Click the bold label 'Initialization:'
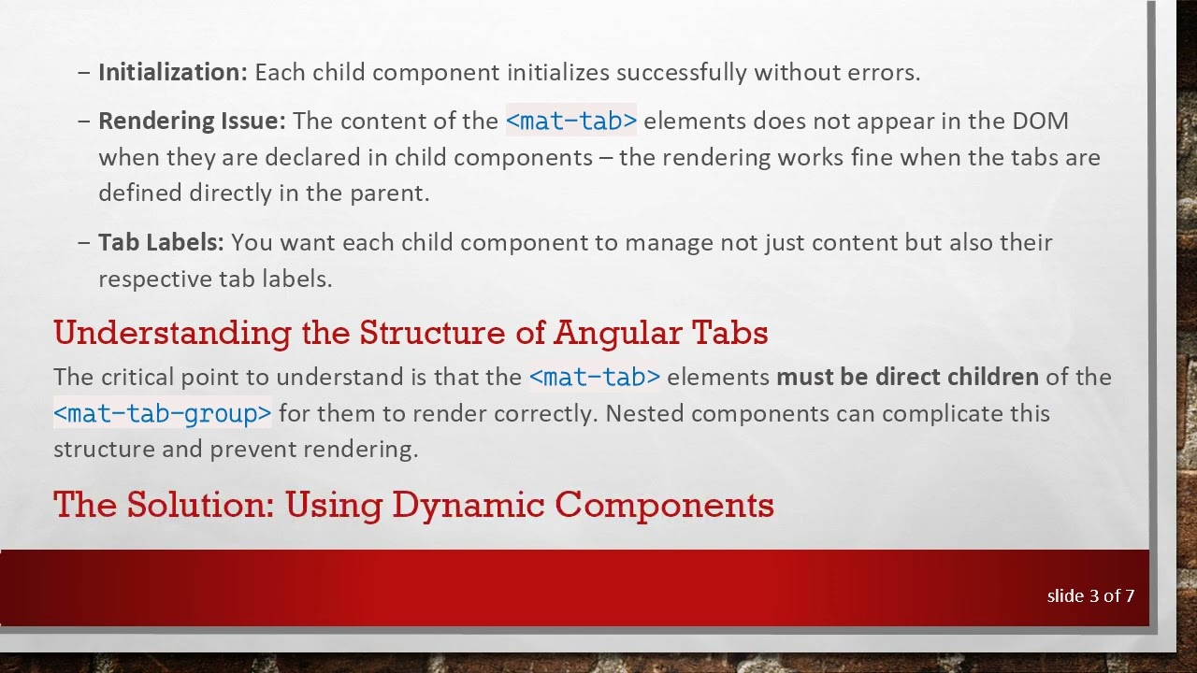click(x=173, y=73)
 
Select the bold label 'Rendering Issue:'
click(x=192, y=122)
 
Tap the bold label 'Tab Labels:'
click(x=161, y=243)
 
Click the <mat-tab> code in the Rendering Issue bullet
click(x=570, y=122)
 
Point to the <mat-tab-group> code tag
click(x=162, y=413)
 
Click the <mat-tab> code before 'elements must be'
click(x=594, y=378)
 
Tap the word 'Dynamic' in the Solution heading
click(x=468, y=505)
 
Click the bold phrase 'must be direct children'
click(x=907, y=378)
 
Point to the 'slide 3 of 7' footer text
click(x=1090, y=596)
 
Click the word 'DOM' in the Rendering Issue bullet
click(x=1040, y=122)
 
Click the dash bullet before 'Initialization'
click(x=84, y=73)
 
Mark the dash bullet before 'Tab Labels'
click(x=84, y=243)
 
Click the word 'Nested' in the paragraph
click(x=644, y=413)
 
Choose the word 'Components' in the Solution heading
click(x=664, y=505)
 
